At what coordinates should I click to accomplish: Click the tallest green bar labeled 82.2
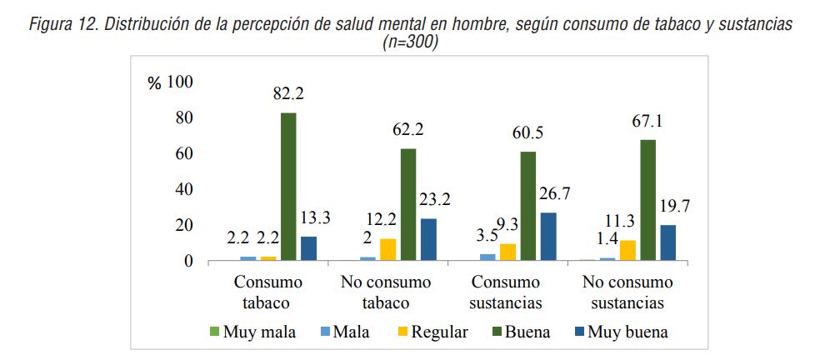click(x=288, y=187)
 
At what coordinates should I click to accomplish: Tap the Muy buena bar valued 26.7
click(x=548, y=237)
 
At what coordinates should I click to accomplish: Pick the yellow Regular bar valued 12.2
click(x=388, y=250)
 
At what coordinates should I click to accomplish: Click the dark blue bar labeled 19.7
click(x=667, y=242)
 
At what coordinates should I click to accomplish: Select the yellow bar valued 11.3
click(x=627, y=251)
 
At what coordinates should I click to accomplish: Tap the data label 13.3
click(x=316, y=218)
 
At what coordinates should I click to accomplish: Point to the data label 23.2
click(x=435, y=200)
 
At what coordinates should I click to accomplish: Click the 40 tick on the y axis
click(x=180, y=189)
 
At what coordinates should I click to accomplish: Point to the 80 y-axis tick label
click(x=180, y=117)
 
